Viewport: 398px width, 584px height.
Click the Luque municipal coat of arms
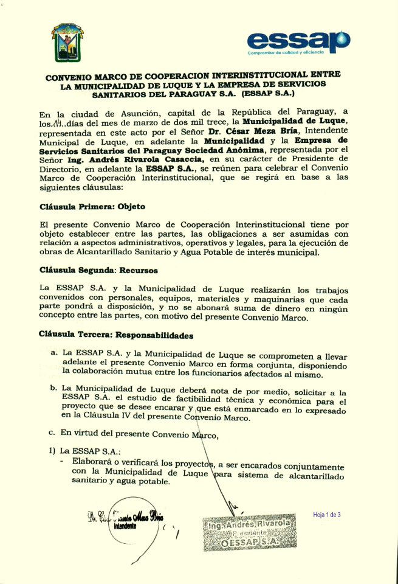tap(67, 43)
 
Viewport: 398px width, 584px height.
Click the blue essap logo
tap(298, 41)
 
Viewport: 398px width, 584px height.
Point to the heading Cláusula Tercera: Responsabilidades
tap(115, 335)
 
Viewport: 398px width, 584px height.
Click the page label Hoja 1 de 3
tap(327, 515)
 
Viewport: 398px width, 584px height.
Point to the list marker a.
tap(55, 352)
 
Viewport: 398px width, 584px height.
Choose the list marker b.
tap(54, 387)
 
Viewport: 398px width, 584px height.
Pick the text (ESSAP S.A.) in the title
tap(268, 95)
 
